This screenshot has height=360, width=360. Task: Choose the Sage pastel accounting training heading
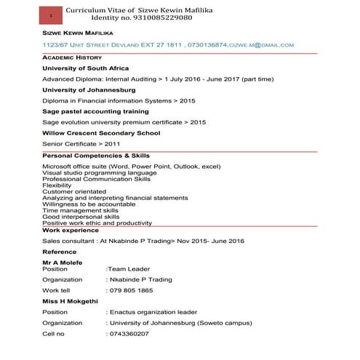click(x=95, y=111)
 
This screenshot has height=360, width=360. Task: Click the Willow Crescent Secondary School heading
click(x=100, y=133)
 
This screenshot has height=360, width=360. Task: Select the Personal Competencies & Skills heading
click(x=96, y=156)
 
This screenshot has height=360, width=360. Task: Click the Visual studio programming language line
click(x=100, y=173)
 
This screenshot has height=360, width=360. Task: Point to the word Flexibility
click(x=57, y=185)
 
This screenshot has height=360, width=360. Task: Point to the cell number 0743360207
click(x=129, y=334)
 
